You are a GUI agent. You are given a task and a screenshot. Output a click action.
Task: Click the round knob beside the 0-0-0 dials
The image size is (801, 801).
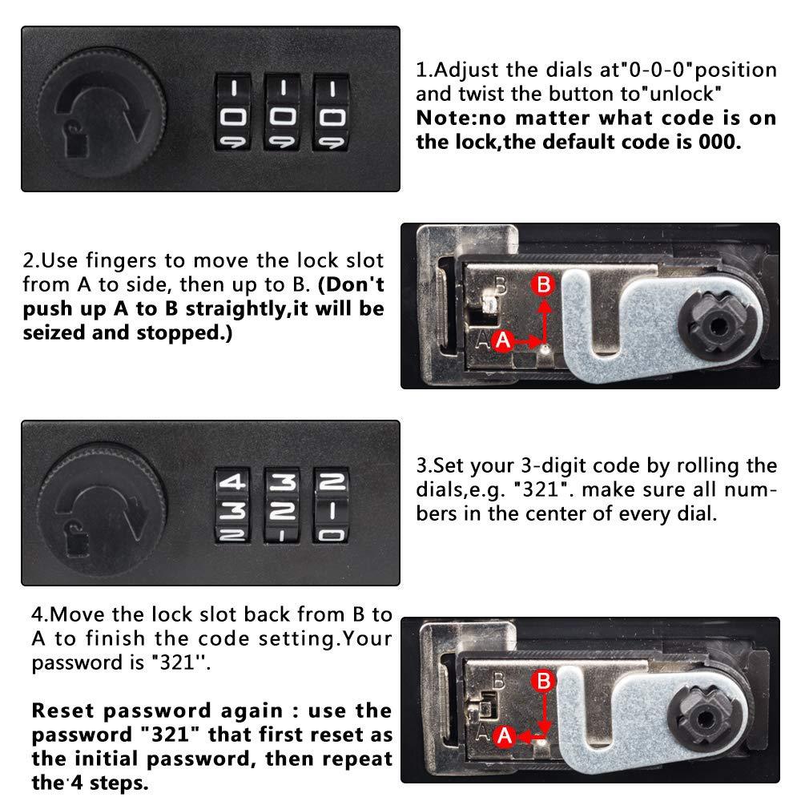[x=103, y=112]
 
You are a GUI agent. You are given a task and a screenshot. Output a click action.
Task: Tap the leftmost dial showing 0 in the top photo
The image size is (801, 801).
[x=233, y=112]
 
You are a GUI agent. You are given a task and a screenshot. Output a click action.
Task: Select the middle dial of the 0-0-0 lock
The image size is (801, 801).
[x=282, y=112]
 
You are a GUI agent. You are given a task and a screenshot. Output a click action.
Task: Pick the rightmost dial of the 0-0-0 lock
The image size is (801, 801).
[x=332, y=112]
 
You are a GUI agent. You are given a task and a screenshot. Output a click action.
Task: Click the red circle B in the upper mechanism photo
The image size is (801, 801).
[x=544, y=284]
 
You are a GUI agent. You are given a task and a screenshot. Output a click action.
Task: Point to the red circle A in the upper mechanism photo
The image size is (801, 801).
[x=503, y=340]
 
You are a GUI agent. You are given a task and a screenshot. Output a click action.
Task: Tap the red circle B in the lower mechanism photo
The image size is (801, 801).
[x=543, y=681]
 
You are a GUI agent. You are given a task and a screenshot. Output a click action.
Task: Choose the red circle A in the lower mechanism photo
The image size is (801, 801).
[x=505, y=736]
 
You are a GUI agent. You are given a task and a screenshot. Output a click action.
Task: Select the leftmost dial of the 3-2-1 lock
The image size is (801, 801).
[x=233, y=505]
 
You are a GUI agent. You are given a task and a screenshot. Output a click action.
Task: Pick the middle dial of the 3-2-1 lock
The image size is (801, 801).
[x=282, y=505]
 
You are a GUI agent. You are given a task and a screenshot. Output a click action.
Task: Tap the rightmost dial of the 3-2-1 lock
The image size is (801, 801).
[x=332, y=505]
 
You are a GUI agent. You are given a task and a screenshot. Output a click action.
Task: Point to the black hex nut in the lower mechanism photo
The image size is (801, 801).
[x=706, y=718]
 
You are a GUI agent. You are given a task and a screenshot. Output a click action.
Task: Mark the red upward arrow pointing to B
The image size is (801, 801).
[x=545, y=322]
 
